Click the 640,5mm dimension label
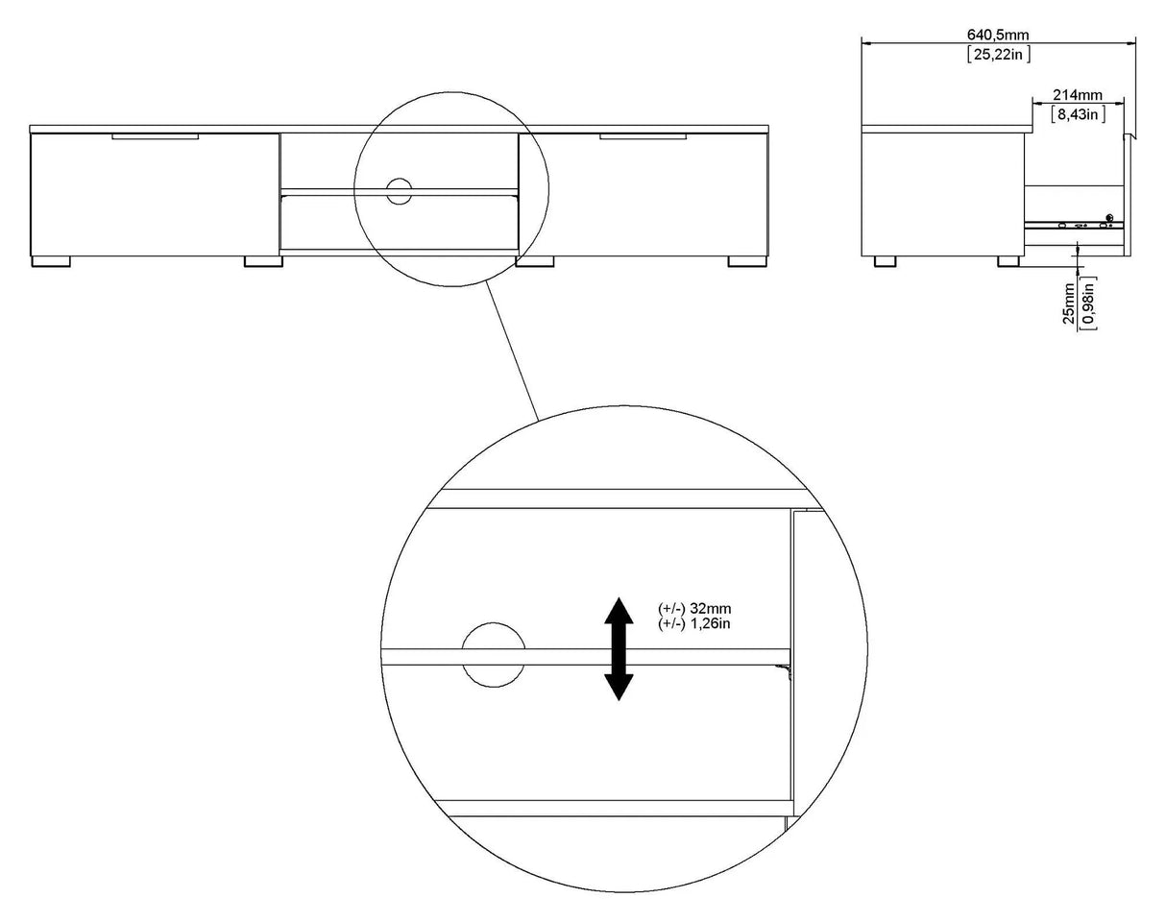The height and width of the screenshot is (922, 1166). tap(998, 35)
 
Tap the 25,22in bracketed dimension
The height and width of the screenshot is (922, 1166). tap(999, 54)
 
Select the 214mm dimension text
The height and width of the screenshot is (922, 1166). tap(1077, 95)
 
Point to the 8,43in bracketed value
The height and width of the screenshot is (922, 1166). tap(1077, 114)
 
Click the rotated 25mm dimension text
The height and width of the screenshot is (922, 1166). tap(1068, 303)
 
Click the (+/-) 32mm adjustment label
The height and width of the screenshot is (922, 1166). tap(694, 608)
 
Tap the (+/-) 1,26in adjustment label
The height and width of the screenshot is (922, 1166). tap(694, 623)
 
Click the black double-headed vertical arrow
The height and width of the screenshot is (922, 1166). tap(619, 648)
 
